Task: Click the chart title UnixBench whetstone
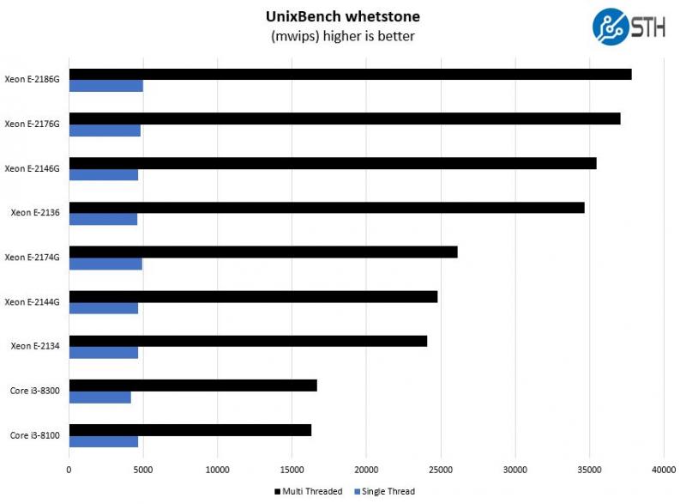click(x=342, y=16)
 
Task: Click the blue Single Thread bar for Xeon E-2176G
click(x=105, y=131)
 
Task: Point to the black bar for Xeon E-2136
click(x=327, y=208)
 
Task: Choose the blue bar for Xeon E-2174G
click(x=105, y=264)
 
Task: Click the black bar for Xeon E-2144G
click(x=253, y=297)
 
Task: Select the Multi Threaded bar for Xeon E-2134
click(x=248, y=341)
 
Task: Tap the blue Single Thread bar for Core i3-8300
click(x=100, y=398)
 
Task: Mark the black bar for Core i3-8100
click(x=190, y=430)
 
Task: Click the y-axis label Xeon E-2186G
click(x=32, y=80)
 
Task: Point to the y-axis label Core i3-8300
click(x=35, y=391)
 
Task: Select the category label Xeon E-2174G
click(x=32, y=258)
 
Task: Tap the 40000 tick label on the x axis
click(x=663, y=470)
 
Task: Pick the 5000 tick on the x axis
click(x=143, y=470)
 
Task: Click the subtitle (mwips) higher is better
click(x=342, y=36)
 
